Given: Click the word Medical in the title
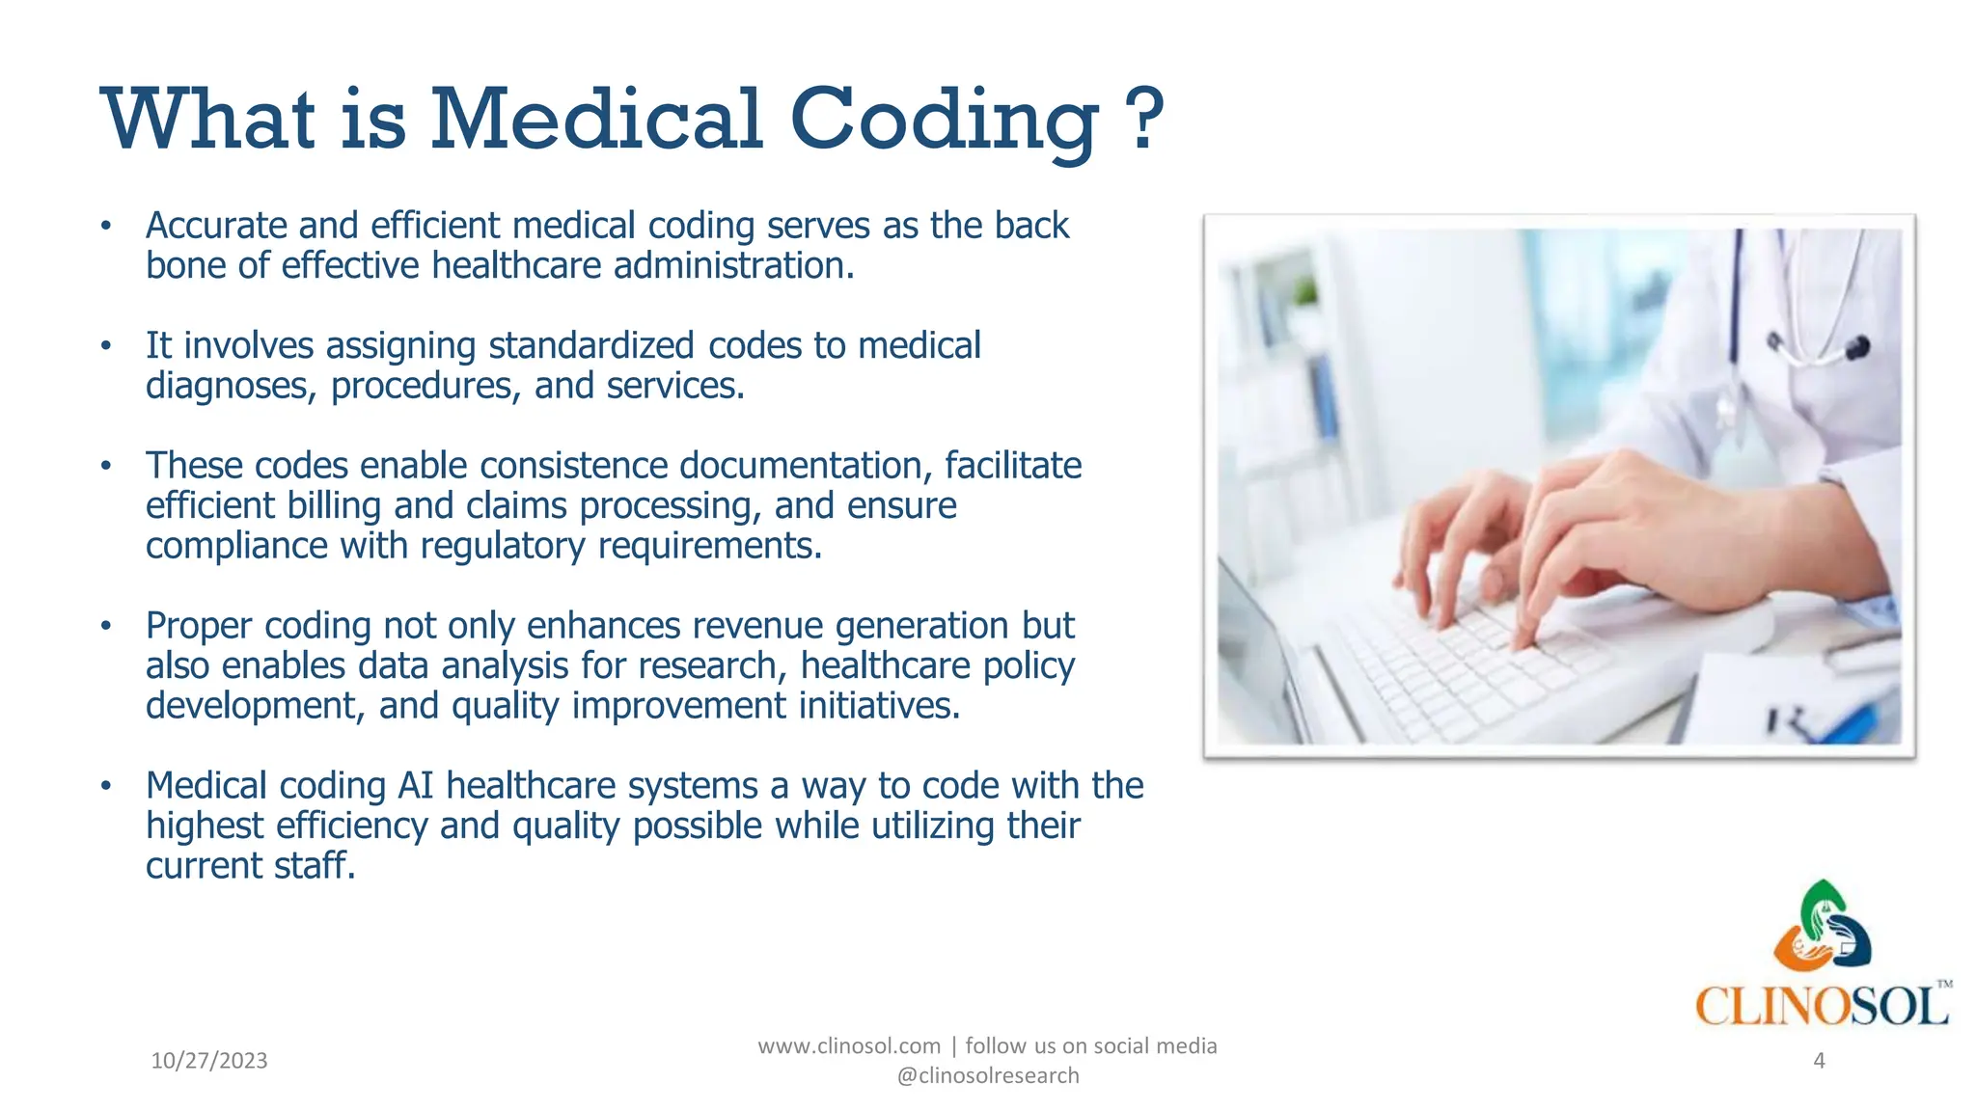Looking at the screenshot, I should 596,121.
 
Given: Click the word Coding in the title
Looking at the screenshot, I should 944,121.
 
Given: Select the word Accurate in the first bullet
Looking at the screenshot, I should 216,226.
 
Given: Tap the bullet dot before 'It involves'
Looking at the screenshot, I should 106,346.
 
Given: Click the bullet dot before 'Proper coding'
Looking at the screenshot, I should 106,627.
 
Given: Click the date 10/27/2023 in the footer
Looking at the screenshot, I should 209,1061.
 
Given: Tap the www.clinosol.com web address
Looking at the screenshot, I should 849,1046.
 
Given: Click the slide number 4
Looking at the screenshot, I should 1819,1061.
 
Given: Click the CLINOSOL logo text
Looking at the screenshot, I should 1822,1007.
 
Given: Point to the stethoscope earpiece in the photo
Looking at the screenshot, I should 1856,347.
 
